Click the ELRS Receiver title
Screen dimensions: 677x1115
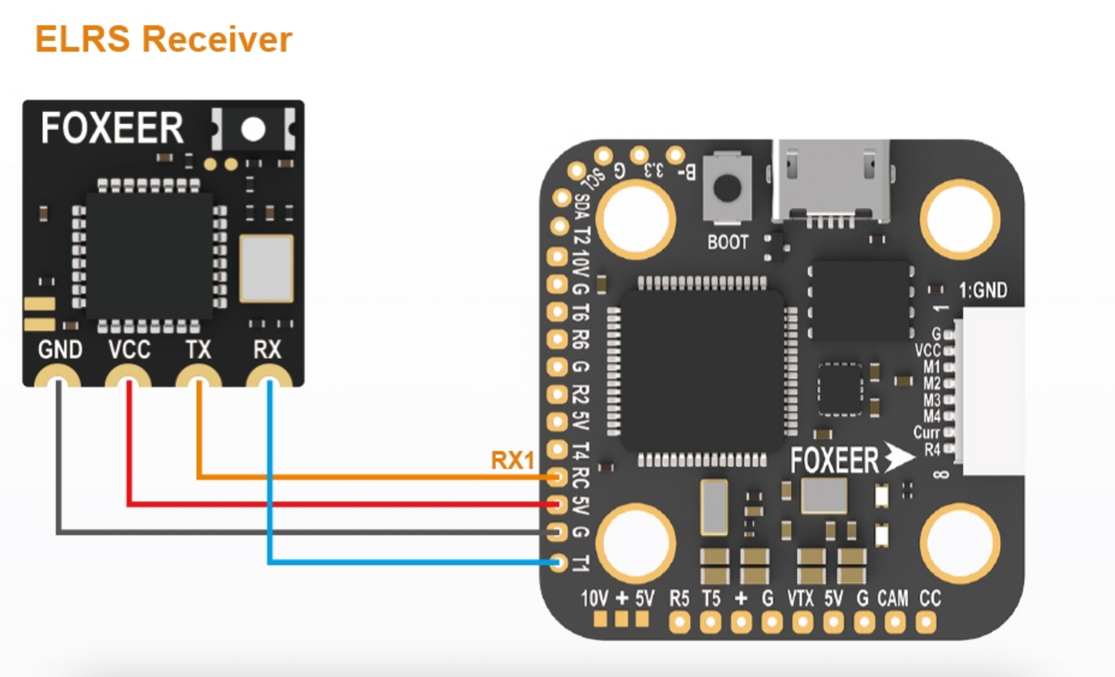(x=164, y=39)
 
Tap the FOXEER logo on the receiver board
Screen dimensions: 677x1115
(x=113, y=128)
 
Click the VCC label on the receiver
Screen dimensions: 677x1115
(x=129, y=350)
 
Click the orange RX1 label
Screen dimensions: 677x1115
(x=512, y=461)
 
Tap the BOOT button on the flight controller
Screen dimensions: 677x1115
(x=727, y=188)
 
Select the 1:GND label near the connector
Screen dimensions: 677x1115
(x=982, y=290)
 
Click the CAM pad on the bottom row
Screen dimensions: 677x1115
(x=894, y=622)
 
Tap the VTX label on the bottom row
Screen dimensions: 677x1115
(x=800, y=598)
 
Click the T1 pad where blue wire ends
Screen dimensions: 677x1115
(x=557, y=563)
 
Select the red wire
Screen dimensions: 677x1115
(x=340, y=504)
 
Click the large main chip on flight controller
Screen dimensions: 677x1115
(x=702, y=371)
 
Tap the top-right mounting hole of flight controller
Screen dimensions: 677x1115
(x=959, y=219)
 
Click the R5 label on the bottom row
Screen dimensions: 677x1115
(x=679, y=598)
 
